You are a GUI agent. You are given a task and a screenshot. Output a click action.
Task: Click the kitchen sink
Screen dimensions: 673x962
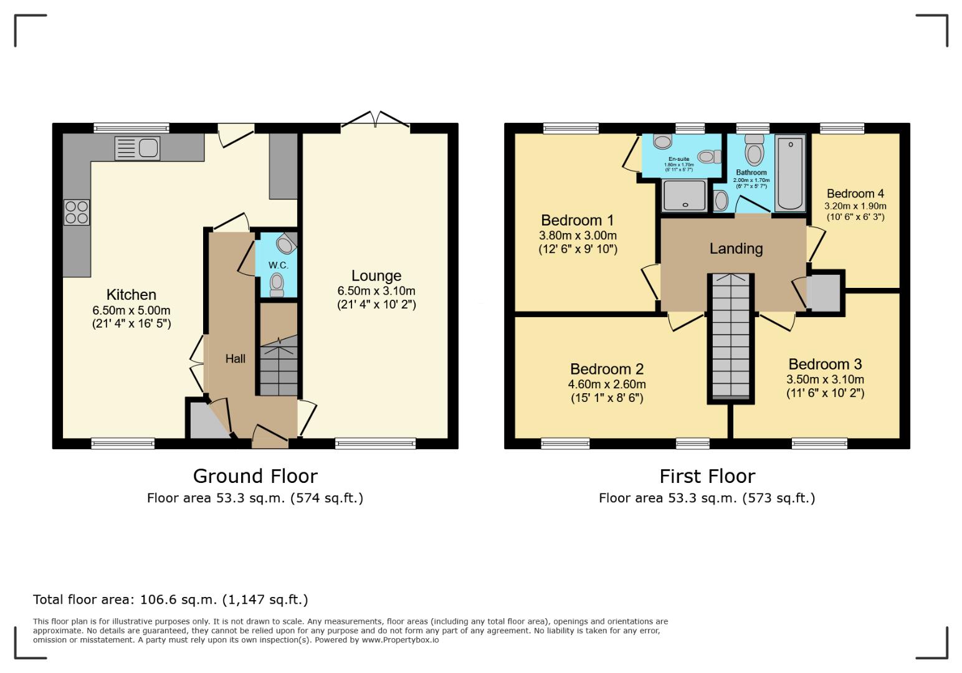tap(138, 148)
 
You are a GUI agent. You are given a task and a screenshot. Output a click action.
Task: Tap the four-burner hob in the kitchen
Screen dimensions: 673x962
tap(76, 212)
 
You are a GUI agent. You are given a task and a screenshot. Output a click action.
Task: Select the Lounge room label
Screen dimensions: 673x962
tap(376, 276)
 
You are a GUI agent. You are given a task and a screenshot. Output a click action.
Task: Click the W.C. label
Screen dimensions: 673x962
tap(278, 265)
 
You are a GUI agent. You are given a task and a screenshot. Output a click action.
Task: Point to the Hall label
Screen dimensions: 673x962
tap(235, 359)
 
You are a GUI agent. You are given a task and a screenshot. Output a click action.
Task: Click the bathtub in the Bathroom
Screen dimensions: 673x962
tap(790, 174)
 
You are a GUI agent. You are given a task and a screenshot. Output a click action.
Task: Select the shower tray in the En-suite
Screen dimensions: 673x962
tap(685, 194)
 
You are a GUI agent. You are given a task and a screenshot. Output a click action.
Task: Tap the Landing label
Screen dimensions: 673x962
tap(736, 249)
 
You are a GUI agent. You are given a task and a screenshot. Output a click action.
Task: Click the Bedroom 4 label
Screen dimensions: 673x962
tap(855, 194)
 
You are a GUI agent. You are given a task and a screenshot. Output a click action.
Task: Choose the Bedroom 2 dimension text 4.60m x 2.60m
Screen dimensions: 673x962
tap(606, 384)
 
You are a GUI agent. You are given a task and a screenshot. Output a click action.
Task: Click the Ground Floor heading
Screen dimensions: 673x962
tap(255, 476)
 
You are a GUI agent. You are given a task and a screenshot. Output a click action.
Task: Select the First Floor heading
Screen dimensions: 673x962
tap(707, 476)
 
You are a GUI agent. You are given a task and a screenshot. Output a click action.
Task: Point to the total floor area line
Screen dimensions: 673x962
tap(170, 599)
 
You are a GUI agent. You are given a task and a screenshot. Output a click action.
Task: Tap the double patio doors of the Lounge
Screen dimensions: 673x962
tap(375, 121)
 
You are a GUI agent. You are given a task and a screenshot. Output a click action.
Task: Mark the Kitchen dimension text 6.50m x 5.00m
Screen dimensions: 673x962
tap(131, 310)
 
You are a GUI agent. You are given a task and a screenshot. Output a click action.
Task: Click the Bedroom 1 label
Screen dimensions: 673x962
tap(577, 220)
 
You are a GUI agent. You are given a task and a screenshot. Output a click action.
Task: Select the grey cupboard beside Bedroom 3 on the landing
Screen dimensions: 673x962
tap(824, 292)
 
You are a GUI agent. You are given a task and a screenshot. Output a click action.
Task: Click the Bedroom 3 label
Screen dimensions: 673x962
tap(824, 365)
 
